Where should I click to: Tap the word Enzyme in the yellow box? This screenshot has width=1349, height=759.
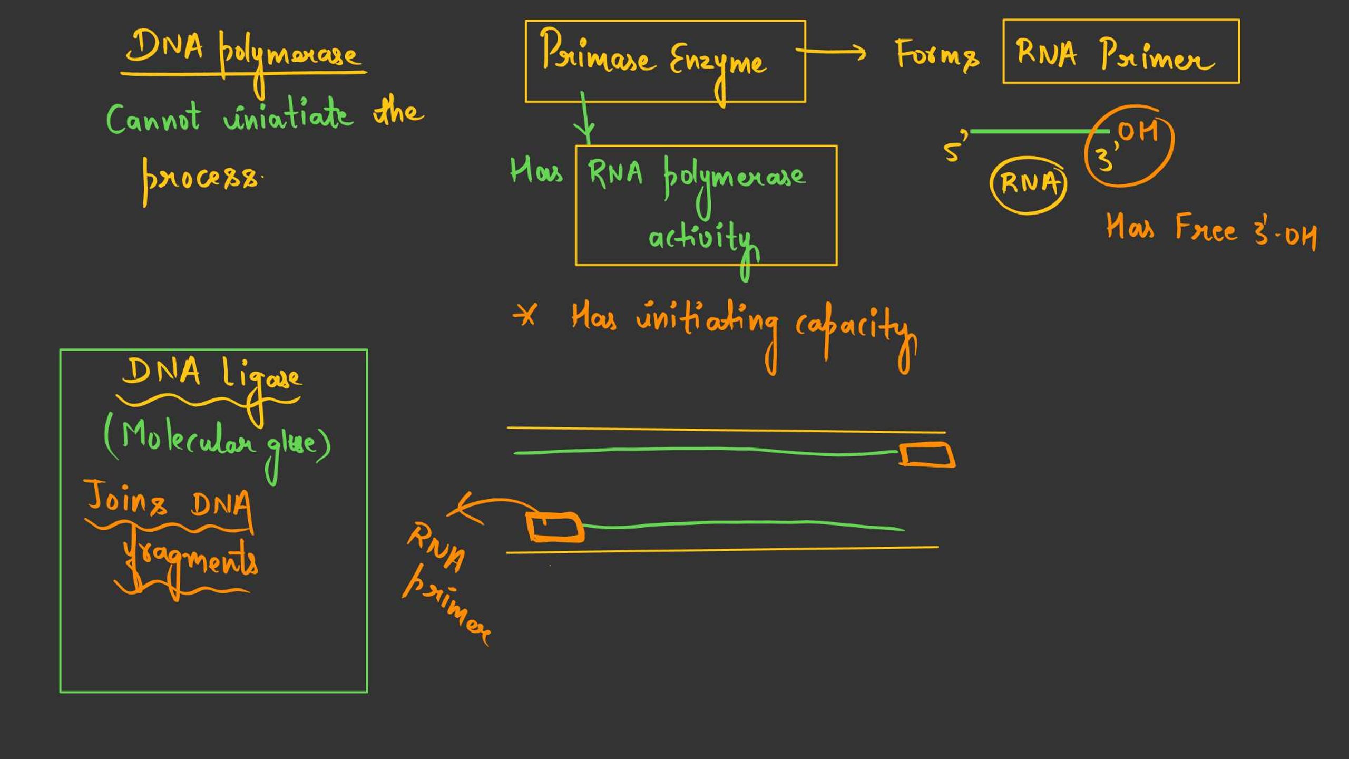(x=718, y=63)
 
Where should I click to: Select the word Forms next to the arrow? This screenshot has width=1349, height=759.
(x=937, y=54)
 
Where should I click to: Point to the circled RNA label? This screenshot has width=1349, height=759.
(x=1029, y=183)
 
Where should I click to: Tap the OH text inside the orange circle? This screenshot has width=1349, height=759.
(x=1138, y=132)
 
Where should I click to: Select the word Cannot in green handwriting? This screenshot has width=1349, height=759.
(x=153, y=118)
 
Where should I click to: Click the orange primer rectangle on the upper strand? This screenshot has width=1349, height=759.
(x=926, y=455)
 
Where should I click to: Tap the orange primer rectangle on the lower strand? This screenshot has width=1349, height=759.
(x=555, y=527)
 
